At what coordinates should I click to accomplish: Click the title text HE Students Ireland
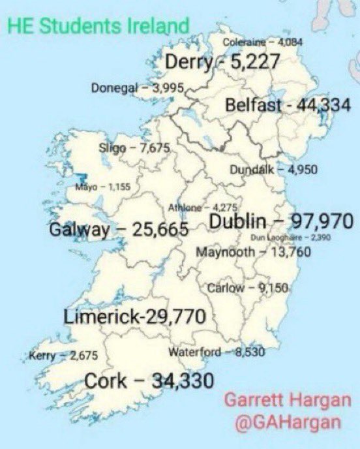(x=98, y=26)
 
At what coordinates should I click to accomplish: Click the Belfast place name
(x=253, y=106)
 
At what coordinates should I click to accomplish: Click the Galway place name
(x=78, y=230)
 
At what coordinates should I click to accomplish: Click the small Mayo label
(x=86, y=187)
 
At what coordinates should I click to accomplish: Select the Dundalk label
(x=252, y=170)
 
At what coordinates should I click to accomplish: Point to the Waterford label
(x=193, y=353)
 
